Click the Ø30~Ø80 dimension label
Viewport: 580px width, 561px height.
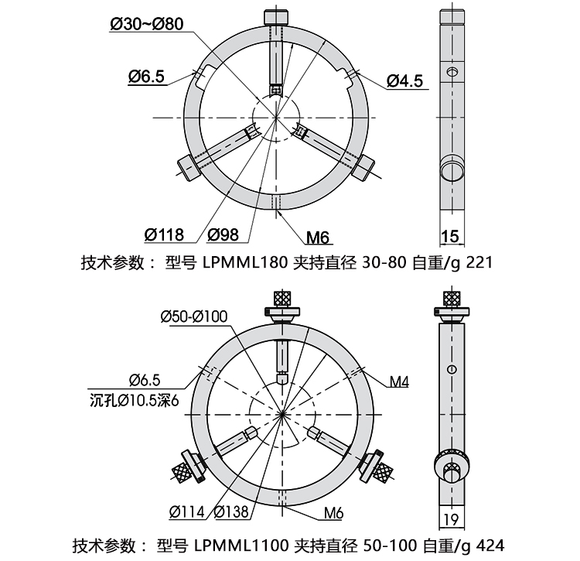147,24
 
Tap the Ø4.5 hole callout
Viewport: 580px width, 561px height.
405,81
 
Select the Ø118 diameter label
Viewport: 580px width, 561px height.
164,234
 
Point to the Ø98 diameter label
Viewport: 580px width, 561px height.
223,234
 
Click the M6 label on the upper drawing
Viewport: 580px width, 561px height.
318,238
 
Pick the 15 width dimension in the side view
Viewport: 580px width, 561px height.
450,236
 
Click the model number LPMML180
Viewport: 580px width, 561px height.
245,262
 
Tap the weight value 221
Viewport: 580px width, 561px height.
479,262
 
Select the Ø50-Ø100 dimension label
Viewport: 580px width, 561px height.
194,316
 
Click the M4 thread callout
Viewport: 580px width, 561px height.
400,381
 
